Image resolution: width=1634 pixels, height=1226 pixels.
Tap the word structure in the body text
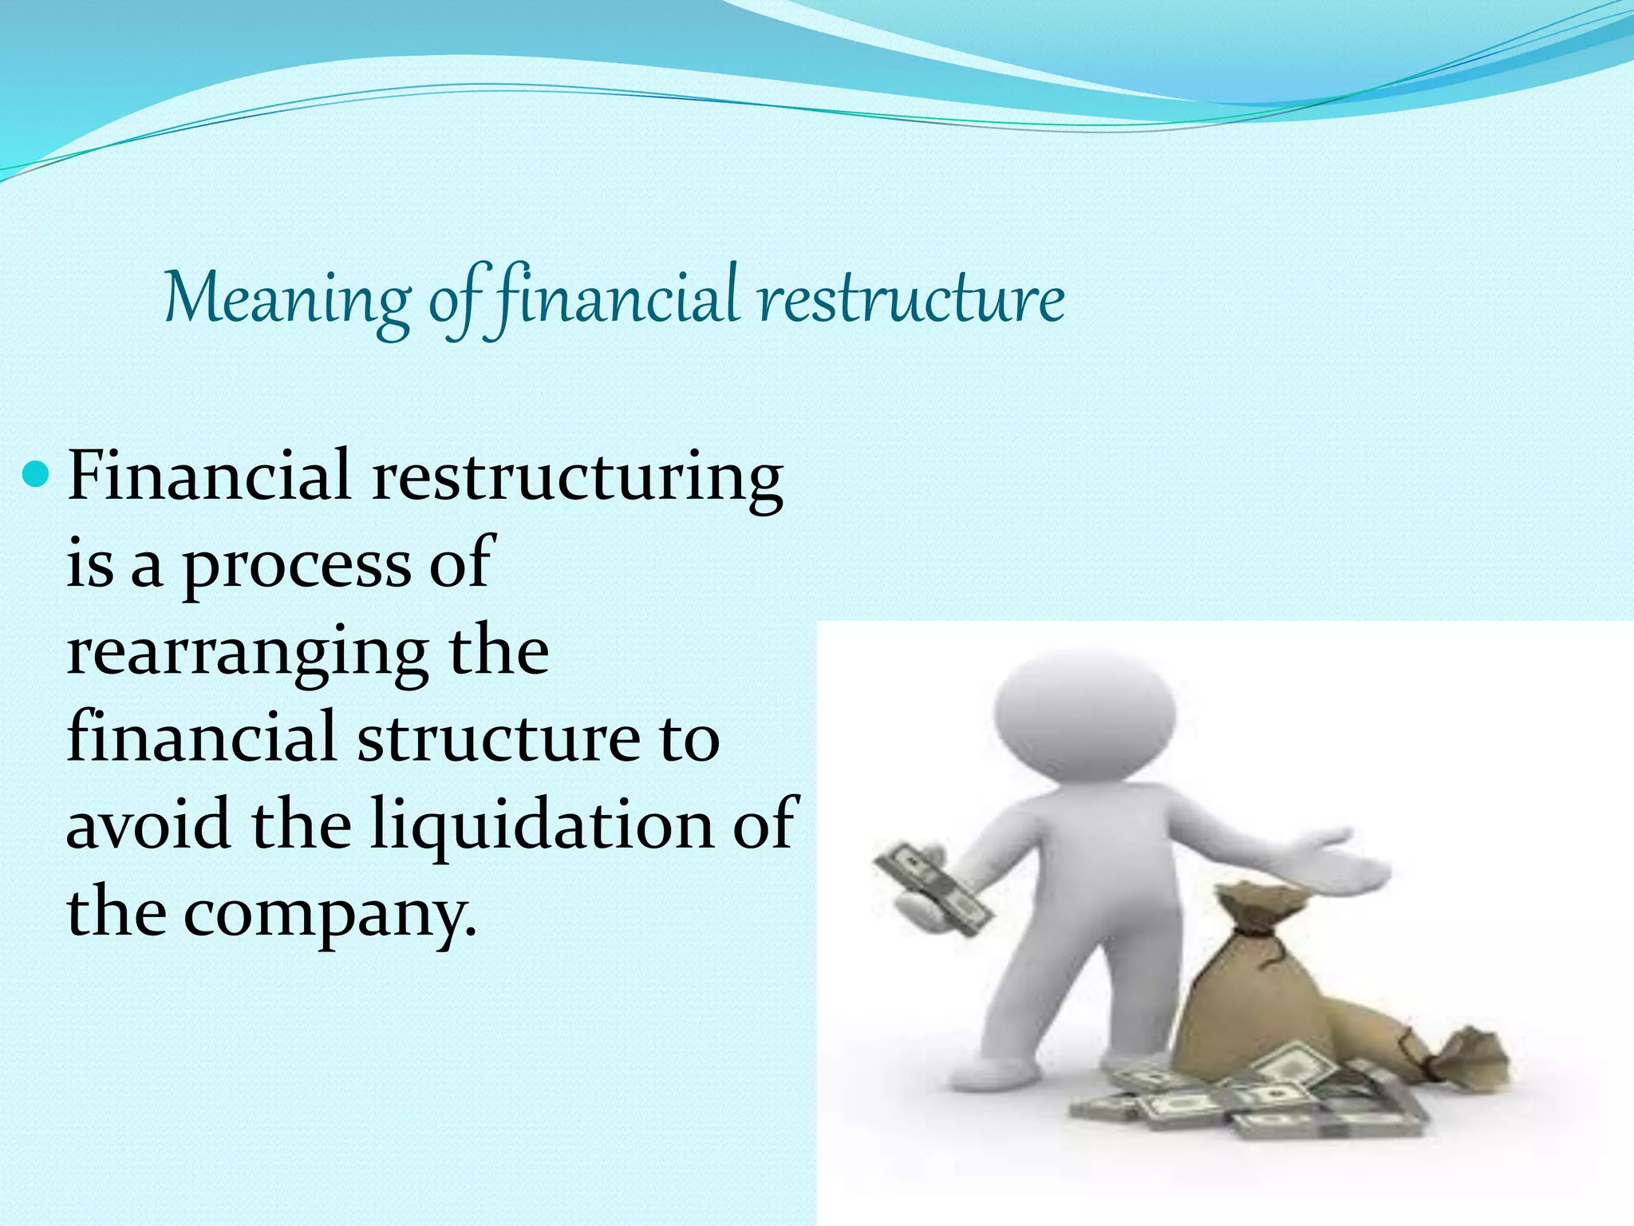tap(498, 738)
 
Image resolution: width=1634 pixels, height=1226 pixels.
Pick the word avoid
tap(148, 824)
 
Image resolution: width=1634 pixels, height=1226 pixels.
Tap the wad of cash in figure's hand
tap(933, 890)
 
